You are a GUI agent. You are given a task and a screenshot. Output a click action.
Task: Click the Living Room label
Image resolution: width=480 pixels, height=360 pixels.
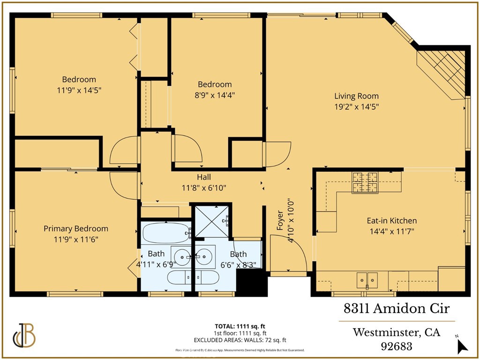click(356, 96)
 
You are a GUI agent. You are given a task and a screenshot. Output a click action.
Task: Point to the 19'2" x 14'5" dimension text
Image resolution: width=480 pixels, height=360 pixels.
click(356, 106)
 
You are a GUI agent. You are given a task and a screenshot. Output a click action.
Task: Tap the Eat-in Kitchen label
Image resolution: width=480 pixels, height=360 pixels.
click(391, 220)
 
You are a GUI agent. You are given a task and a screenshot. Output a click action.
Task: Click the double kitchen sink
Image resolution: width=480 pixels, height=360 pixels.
click(367, 280)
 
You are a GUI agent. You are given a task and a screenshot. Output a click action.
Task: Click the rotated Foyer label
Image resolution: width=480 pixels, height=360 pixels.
click(280, 220)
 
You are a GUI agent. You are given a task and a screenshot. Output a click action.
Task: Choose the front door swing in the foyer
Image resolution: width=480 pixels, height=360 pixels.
click(288, 253)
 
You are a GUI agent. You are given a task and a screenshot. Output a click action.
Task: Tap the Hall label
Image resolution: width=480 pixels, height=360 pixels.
click(203, 177)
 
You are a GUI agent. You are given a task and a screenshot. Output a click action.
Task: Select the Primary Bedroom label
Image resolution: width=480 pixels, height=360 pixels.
click(76, 229)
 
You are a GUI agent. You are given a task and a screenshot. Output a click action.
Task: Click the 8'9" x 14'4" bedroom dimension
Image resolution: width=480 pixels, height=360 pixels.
click(215, 95)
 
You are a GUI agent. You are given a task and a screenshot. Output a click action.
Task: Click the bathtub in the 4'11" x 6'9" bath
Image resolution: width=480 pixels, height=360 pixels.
click(165, 232)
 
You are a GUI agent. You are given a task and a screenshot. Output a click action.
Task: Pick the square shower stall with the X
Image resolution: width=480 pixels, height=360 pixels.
click(212, 220)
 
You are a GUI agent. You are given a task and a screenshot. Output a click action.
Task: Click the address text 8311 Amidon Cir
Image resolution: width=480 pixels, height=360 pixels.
click(397, 309)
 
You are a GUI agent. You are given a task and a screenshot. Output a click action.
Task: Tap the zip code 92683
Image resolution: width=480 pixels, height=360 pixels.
click(397, 347)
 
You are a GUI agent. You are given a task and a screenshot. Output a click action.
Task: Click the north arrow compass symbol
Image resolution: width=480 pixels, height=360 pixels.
click(462, 345)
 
